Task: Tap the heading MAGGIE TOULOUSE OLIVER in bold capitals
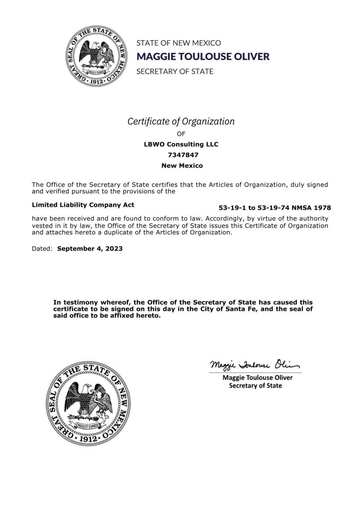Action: click(x=203, y=57)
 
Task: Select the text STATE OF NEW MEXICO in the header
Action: click(x=179, y=43)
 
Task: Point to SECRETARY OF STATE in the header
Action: click(x=175, y=71)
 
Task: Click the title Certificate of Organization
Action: click(x=181, y=121)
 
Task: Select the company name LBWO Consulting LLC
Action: click(x=180, y=144)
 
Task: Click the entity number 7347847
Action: click(x=180, y=155)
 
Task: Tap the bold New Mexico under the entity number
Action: click(x=180, y=165)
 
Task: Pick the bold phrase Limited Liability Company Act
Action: click(x=83, y=204)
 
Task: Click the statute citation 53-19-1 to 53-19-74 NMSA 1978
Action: click(x=274, y=207)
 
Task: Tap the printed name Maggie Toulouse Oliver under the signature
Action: click(x=258, y=378)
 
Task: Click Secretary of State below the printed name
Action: click(x=255, y=386)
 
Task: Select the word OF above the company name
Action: click(x=181, y=134)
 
